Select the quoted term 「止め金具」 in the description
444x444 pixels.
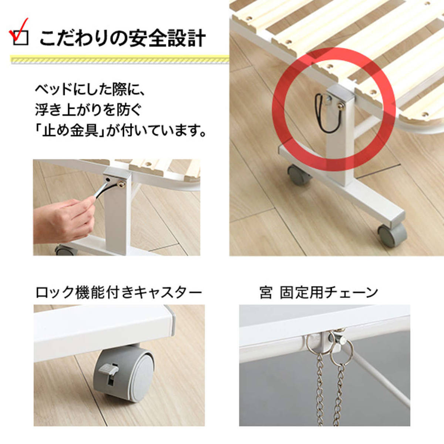(71, 132)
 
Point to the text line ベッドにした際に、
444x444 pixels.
(90, 91)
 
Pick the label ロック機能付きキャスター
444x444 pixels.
(119, 292)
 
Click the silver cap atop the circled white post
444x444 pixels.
(340, 92)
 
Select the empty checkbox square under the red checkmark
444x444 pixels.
(21, 38)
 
